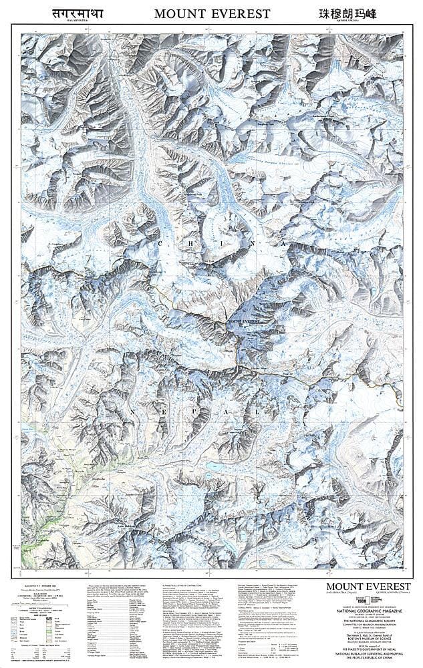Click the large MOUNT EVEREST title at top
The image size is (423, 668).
point(213,13)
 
